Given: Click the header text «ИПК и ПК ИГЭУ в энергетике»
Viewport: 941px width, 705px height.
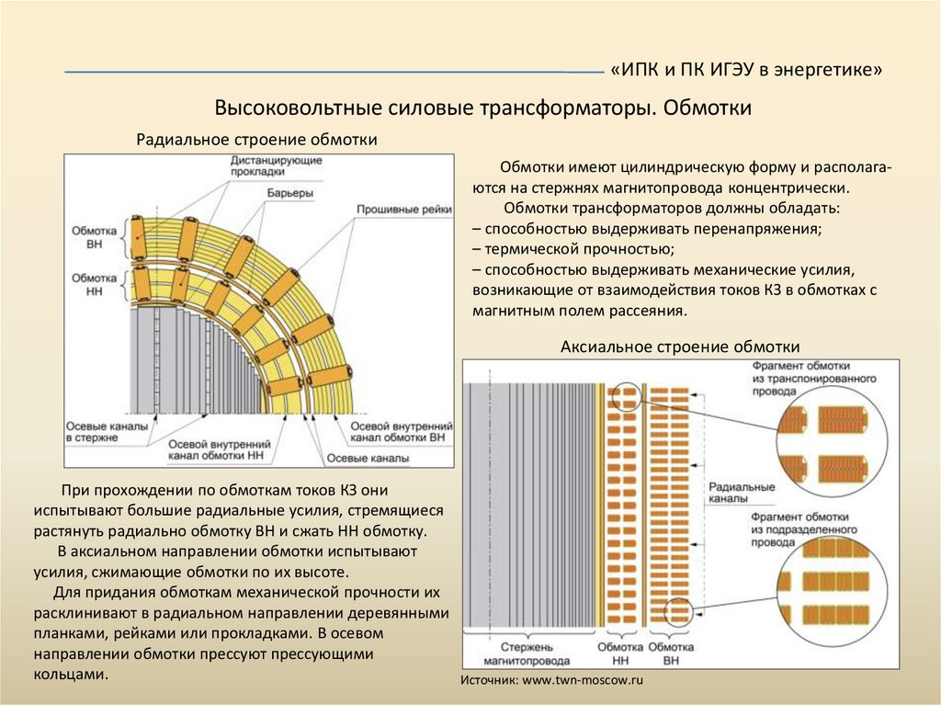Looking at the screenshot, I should tap(745, 71).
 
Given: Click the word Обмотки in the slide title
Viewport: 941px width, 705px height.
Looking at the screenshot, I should tap(709, 108).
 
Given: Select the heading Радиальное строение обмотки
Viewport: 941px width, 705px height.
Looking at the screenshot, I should tap(257, 140).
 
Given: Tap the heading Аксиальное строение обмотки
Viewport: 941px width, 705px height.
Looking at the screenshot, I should tap(680, 347).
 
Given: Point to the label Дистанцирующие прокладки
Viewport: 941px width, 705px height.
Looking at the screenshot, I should tap(276, 166).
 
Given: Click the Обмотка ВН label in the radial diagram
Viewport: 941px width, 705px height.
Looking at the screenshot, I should tap(94, 237).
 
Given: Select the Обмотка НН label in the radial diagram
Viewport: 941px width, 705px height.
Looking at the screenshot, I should tap(94, 283).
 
